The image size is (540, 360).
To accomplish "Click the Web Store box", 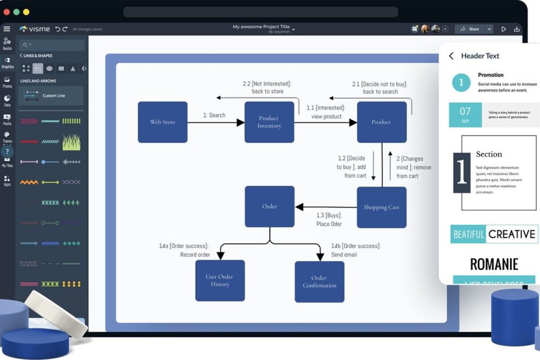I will (x=163, y=122).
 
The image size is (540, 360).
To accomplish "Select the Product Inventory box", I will (x=269, y=122).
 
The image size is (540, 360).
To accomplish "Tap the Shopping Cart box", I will (x=381, y=207).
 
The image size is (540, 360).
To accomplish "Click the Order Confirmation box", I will (x=319, y=282).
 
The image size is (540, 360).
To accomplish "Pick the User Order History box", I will (x=220, y=280).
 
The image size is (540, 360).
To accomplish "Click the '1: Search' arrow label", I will (x=214, y=115).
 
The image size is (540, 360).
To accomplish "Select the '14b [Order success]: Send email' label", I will (x=355, y=250).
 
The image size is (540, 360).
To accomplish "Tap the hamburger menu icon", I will (x=7, y=29).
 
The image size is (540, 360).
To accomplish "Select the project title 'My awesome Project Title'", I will (x=261, y=27).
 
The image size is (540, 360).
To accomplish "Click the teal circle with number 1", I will (x=461, y=82).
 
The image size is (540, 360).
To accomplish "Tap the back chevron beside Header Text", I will (x=451, y=56).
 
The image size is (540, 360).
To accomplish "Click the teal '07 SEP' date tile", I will (x=465, y=114).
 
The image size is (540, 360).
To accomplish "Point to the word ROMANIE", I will (x=494, y=265).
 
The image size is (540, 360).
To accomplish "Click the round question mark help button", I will (x=7, y=152).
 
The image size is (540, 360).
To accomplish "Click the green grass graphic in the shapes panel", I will (x=71, y=142).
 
